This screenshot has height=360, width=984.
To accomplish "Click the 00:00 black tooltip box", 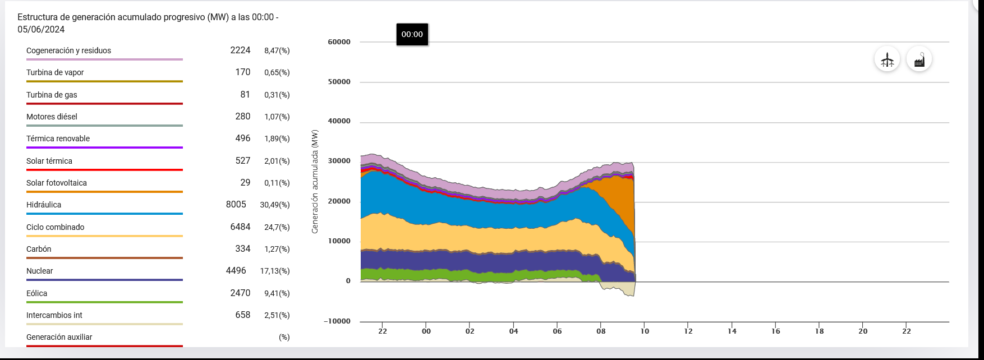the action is [x=412, y=34].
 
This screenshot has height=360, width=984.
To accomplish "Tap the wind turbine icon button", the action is [x=887, y=59].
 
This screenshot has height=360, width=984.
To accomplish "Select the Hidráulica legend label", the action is [x=44, y=205].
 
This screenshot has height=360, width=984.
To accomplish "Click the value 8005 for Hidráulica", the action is [x=236, y=205].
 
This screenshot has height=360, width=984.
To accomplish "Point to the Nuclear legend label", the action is [x=40, y=271].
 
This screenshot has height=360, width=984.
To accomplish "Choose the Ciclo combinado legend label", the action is [x=56, y=227].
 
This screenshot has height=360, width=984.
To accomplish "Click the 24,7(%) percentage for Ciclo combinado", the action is [x=277, y=227].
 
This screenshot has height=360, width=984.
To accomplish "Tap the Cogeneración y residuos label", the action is [x=68, y=50].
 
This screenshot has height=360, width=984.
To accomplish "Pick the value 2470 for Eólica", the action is [x=240, y=293].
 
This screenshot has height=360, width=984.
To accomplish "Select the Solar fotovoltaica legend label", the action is [x=57, y=183].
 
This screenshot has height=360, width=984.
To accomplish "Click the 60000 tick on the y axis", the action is [x=339, y=42].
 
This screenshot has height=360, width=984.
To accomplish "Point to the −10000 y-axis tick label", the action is [x=337, y=321].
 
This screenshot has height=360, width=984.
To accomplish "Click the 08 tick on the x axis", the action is [x=601, y=331].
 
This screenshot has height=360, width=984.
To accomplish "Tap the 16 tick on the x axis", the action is [x=776, y=331].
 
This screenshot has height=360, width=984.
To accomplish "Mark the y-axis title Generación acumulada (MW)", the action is [x=315, y=182].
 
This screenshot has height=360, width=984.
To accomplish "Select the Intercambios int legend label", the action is [x=54, y=315].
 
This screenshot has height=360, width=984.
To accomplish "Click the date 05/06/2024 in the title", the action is [x=41, y=29].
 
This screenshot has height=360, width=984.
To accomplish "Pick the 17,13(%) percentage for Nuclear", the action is [x=275, y=271].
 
